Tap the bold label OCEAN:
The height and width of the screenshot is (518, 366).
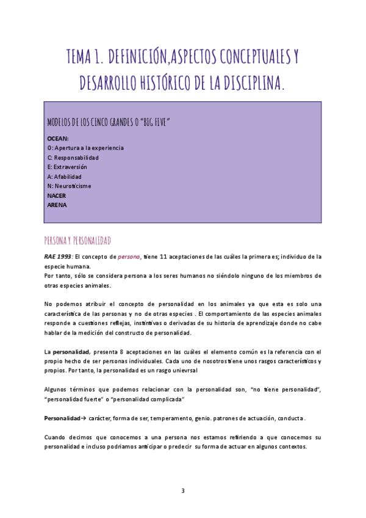click(x=58, y=139)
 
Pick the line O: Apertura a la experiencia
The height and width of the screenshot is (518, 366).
click(x=85, y=148)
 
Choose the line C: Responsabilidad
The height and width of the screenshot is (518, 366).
click(x=73, y=158)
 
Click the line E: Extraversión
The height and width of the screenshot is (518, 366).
click(x=67, y=167)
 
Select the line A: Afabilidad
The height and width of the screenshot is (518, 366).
click(x=64, y=177)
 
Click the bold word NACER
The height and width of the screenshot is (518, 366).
click(x=56, y=195)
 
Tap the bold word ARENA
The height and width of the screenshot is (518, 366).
click(x=57, y=205)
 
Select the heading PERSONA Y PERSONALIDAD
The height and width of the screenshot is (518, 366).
click(x=77, y=240)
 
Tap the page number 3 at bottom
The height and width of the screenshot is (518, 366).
click(x=183, y=491)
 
